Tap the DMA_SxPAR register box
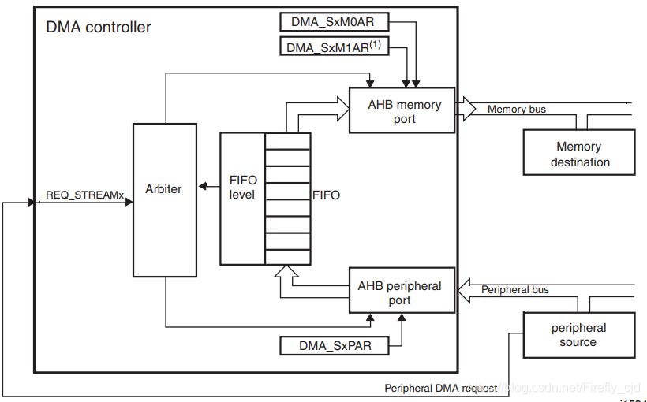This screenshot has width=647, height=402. click(x=335, y=345)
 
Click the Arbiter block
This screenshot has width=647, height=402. click(x=164, y=199)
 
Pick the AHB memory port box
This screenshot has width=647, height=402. click(x=402, y=110)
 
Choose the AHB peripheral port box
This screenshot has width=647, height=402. click(x=402, y=291)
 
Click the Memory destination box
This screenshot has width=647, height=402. click(x=578, y=154)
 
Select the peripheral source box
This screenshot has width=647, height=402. click(x=578, y=335)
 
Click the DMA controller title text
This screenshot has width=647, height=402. click(x=99, y=28)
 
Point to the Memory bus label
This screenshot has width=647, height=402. click(x=516, y=109)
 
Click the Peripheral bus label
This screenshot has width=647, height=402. click(x=515, y=289)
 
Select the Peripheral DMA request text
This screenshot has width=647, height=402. click(x=440, y=388)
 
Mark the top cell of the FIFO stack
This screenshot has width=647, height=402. click(x=288, y=140)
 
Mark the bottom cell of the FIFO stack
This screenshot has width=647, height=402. click(x=288, y=256)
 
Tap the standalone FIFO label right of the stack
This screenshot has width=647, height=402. click(x=327, y=195)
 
